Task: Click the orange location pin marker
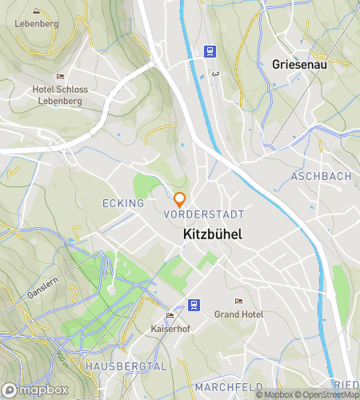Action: [180, 199]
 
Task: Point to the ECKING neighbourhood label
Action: [123, 203]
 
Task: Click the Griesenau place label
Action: [300, 64]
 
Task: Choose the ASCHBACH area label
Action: [322, 176]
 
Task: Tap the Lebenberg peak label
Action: [37, 24]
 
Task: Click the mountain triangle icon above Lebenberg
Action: [37, 11]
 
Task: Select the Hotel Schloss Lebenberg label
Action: [61, 95]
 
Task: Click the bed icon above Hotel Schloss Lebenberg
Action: [60, 75]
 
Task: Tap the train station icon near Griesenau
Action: [210, 51]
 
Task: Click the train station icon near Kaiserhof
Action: [194, 304]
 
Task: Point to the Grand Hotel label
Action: [238, 314]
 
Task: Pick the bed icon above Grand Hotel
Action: [238, 302]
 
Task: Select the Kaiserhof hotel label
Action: [169, 329]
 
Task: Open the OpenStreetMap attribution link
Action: [325, 394]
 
